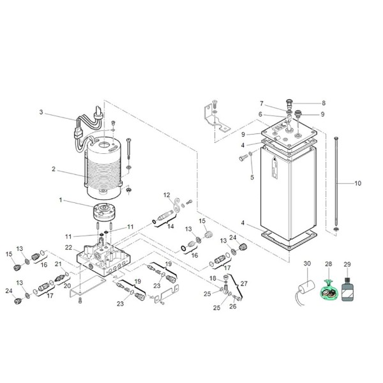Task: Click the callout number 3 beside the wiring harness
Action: click(41, 112)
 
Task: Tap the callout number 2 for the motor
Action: click(54, 169)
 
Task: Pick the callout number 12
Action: click(166, 195)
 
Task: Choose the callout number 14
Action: click(170, 226)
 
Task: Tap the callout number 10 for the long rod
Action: click(357, 184)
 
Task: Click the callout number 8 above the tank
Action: click(323, 103)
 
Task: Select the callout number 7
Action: click(262, 103)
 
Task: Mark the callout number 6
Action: click(260, 114)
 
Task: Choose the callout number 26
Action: click(232, 306)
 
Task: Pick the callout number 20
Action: click(66, 286)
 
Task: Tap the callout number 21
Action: click(57, 264)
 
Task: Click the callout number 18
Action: click(212, 279)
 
